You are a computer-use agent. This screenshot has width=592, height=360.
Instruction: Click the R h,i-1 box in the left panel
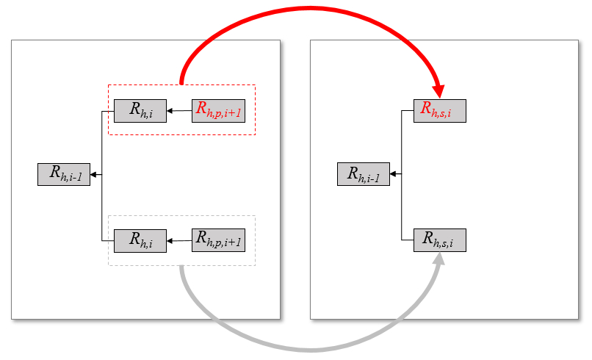click(x=64, y=174)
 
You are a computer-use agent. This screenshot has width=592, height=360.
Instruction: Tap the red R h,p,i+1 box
click(x=218, y=111)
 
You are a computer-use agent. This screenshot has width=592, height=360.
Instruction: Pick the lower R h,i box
click(x=140, y=240)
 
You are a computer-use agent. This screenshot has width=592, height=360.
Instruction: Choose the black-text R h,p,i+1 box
click(x=218, y=240)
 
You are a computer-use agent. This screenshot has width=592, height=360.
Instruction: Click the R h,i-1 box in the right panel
click(x=364, y=174)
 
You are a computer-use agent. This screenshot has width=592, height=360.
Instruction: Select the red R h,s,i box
click(x=439, y=111)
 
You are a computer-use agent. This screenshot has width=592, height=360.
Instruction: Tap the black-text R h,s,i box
click(x=439, y=240)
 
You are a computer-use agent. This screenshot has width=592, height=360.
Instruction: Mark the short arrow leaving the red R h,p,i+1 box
click(x=179, y=112)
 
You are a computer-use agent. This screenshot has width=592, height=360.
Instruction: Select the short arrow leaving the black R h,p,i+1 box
click(x=179, y=240)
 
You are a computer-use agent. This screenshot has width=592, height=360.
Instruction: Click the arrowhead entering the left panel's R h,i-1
click(x=95, y=174)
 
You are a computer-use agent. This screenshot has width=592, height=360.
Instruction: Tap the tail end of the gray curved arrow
click(x=181, y=269)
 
